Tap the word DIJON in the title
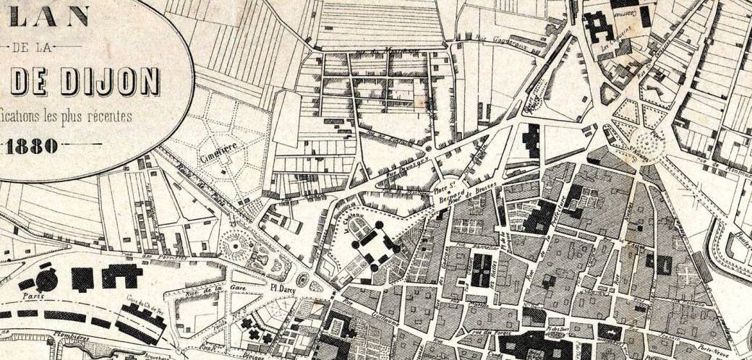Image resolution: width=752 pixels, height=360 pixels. (x=108, y=81)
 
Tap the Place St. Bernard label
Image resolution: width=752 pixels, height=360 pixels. (x=449, y=190)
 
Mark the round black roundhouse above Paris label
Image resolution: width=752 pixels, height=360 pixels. (x=46, y=280)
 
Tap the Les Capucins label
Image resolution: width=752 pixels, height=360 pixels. (x=615, y=45)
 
